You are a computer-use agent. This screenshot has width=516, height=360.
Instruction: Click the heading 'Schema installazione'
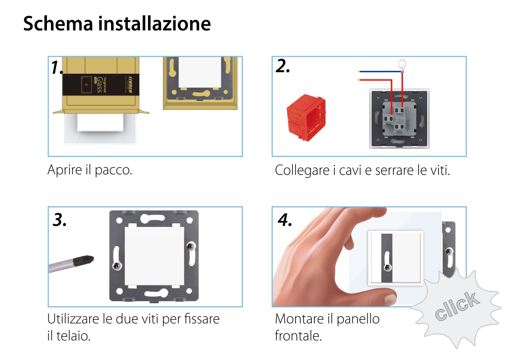117,24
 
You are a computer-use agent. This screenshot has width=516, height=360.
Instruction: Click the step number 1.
57,68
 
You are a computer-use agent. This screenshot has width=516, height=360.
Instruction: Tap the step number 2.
283,66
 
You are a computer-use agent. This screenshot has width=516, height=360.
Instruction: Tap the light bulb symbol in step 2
401,65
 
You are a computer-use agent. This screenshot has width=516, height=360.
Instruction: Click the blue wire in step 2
377,72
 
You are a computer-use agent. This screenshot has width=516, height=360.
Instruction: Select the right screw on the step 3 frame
192,247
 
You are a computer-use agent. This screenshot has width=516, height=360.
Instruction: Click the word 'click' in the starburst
456,307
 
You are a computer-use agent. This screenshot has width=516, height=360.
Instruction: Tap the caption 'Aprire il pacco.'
90,170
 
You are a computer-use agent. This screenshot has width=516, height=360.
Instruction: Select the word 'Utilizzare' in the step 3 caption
74,319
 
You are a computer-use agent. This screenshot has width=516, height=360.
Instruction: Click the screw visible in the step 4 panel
386,267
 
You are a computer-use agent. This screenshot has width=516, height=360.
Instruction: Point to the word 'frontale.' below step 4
298,336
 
